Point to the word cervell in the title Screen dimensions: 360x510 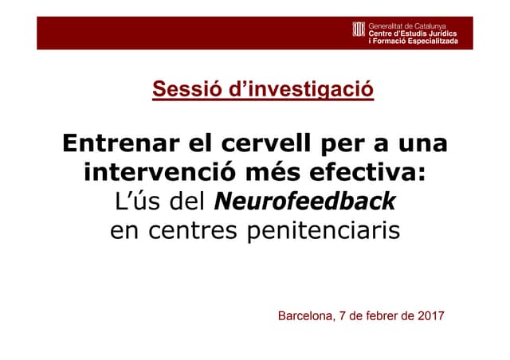[x=255, y=144]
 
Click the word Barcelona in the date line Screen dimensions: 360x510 [x=305, y=316]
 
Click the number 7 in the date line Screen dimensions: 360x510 [x=343, y=316]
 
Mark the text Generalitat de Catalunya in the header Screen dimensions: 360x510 [x=406, y=25]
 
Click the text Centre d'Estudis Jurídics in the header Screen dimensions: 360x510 [x=411, y=33]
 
